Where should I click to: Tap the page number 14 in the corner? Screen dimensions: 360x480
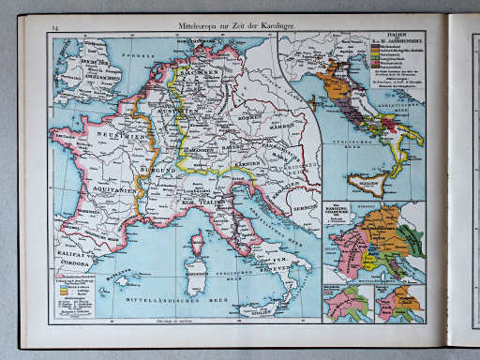click(x=55, y=30)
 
